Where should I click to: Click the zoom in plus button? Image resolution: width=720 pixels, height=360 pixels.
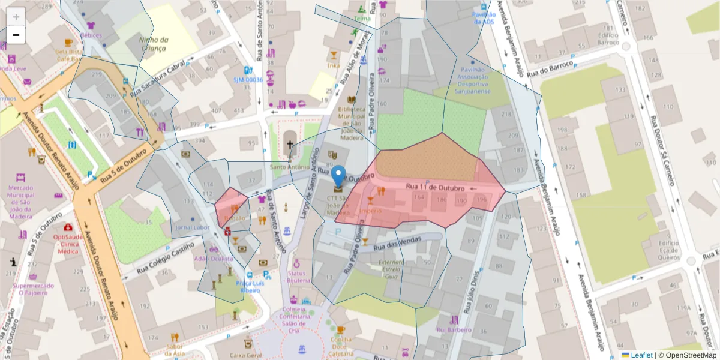point(16,16)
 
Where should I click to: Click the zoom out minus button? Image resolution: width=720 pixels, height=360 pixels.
point(16,35)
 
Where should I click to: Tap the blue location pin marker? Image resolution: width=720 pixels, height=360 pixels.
point(338,176)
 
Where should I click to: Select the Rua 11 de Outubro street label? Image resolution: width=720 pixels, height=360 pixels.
point(428,187)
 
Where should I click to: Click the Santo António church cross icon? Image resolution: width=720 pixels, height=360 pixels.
point(290,145)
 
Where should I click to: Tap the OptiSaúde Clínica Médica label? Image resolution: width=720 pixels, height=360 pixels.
point(68,244)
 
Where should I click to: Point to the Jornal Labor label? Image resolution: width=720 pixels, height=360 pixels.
point(192,228)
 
